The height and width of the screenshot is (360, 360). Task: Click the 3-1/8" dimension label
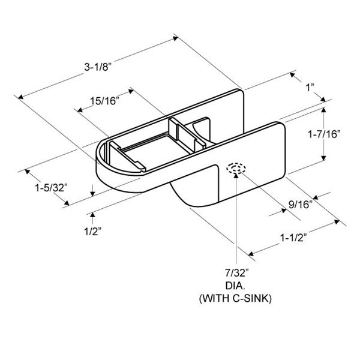[x=98, y=67]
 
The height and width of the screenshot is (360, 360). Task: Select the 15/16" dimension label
[x=104, y=101]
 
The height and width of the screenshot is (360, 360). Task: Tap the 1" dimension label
[x=310, y=88]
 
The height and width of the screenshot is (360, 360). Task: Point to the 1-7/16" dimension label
[x=324, y=134]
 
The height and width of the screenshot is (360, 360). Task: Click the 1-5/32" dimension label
[x=51, y=188]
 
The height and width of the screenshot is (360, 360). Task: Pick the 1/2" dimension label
[x=93, y=232]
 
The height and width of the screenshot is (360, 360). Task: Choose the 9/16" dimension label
[x=301, y=205]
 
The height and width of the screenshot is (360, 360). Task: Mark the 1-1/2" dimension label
[x=293, y=238]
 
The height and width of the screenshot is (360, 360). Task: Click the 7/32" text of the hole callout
[x=237, y=273]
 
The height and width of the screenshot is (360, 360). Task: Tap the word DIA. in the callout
[x=235, y=286]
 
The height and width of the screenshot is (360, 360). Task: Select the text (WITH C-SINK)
[x=235, y=298]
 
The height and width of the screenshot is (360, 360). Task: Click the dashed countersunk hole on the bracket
[x=236, y=168]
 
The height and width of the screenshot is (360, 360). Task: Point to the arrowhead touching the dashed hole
[x=236, y=175]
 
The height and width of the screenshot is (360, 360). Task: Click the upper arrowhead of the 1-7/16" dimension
[x=324, y=110]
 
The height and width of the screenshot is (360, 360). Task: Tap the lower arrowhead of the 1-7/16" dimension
[x=323, y=158]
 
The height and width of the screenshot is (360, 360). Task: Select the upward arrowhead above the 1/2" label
[x=92, y=215]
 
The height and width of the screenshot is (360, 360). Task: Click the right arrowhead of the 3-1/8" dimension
[x=176, y=38]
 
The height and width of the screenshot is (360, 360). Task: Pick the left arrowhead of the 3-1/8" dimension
[x=20, y=97]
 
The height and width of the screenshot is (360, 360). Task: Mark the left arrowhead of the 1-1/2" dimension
[x=251, y=253]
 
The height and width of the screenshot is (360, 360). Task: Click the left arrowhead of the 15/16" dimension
[x=80, y=110]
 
